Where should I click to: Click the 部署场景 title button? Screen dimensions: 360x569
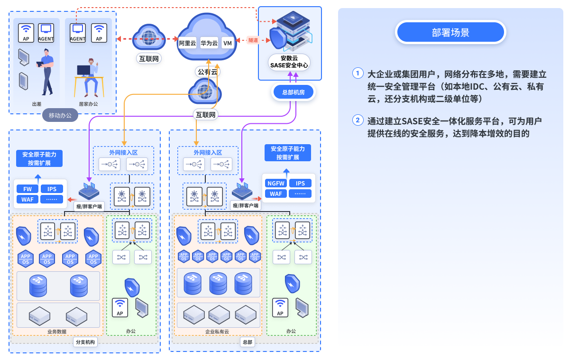pos(450,32)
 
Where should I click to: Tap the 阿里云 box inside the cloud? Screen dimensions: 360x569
pos(187,43)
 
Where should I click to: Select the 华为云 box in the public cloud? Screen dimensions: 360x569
pos(209,43)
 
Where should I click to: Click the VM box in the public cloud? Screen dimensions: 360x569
pos(228,43)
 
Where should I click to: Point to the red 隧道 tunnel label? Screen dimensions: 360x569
pos(253,40)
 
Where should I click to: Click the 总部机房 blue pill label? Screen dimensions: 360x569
pos(294,92)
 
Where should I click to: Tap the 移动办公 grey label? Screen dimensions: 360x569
pos(60,115)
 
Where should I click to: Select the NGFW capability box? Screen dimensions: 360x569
pos(275,183)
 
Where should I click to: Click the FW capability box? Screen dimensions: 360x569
pos(28,189)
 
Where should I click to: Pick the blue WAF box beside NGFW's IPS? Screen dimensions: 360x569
pos(275,194)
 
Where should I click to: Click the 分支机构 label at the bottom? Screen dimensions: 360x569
pos(85,342)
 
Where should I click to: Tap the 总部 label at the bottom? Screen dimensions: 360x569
pos(247,342)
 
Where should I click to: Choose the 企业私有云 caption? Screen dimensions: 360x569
pos(217,332)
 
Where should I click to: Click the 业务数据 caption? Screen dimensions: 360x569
pos(57,332)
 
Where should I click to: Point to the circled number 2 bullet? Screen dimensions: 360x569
pos(358,120)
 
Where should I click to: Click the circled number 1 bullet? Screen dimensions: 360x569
pos(358,74)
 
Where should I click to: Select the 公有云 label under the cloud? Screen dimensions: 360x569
pos(207,72)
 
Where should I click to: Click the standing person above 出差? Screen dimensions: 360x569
pos(46,71)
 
